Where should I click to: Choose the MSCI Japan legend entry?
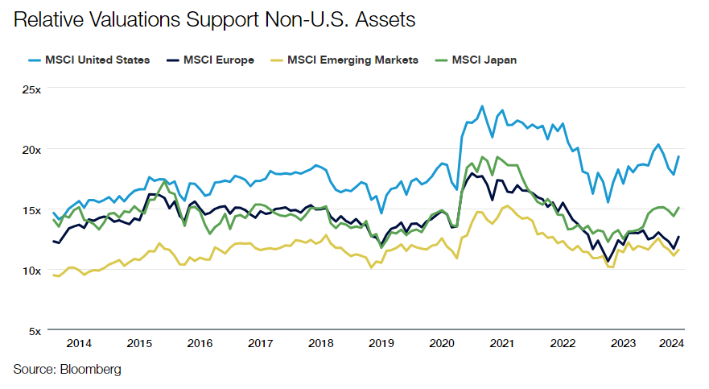[x=476, y=60]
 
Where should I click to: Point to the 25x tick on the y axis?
[x=31, y=89]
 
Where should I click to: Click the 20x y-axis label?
[x=31, y=149]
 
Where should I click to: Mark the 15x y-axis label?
[x=31, y=209]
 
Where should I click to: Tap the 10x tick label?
[x=31, y=270]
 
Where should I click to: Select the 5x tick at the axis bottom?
[x=34, y=330]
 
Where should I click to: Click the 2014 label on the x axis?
[x=79, y=343]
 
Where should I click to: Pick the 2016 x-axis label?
[x=200, y=343]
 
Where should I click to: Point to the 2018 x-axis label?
[x=320, y=343]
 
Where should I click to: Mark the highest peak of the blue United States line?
[x=482, y=106]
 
